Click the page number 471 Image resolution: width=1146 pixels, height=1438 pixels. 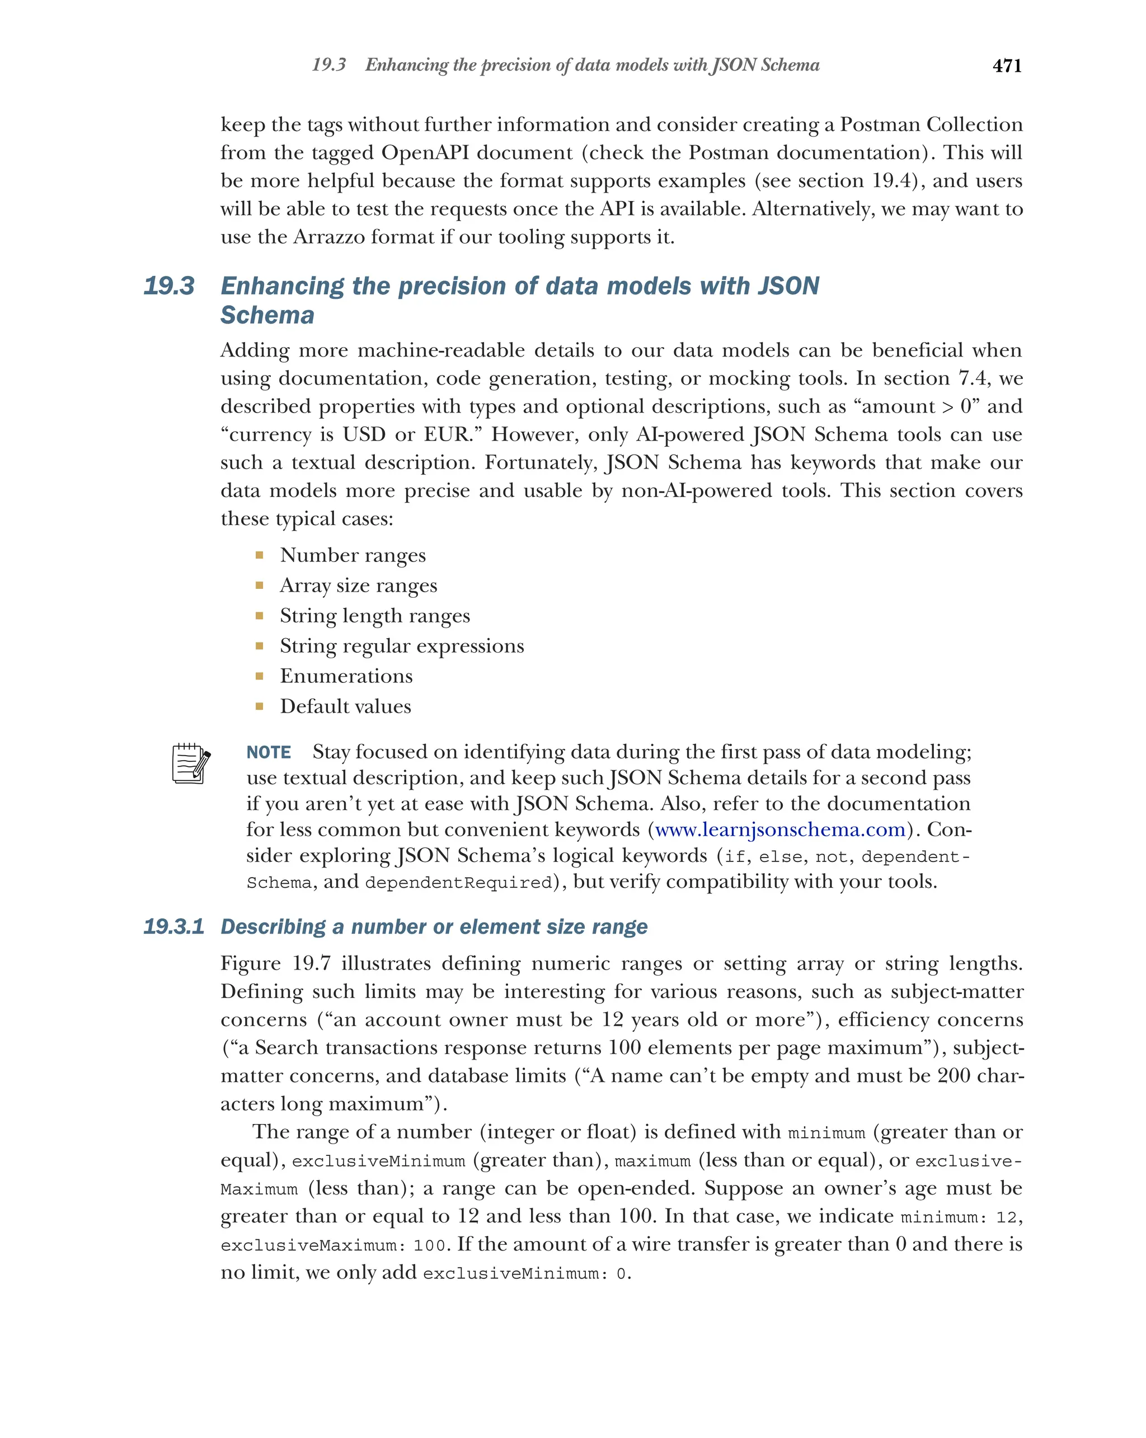(x=1006, y=66)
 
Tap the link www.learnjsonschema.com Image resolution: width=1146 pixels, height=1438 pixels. (x=779, y=829)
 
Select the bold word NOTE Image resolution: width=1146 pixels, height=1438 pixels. (x=268, y=752)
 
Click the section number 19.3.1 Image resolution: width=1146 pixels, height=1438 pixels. (x=173, y=926)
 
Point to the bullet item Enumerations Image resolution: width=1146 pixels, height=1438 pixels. (x=346, y=676)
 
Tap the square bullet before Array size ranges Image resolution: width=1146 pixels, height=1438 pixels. (x=259, y=585)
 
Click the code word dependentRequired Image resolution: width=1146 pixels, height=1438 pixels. (x=459, y=882)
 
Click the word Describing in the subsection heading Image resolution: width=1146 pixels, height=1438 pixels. (x=273, y=926)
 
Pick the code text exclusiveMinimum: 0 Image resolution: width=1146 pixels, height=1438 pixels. (x=525, y=1273)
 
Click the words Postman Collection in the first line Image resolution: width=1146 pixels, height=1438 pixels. (x=931, y=125)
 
